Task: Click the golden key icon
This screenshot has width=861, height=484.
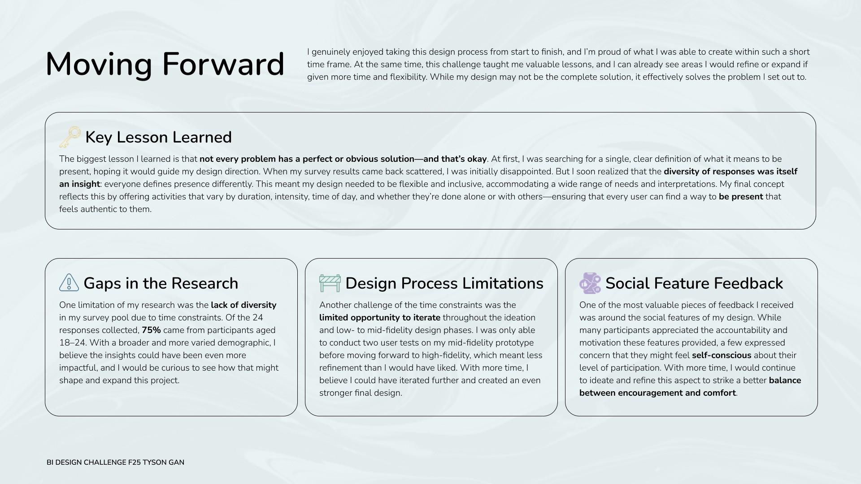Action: click(70, 137)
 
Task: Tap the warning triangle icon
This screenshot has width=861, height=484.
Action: click(69, 283)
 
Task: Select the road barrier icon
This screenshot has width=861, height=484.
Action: click(330, 283)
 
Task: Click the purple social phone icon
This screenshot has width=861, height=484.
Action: click(590, 283)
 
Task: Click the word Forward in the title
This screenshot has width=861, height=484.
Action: click(223, 64)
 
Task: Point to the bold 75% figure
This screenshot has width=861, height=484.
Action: click(151, 330)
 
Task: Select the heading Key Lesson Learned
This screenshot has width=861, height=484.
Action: click(158, 137)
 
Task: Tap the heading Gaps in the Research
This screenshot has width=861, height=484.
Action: click(161, 283)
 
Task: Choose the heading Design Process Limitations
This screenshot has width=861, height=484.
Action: click(444, 283)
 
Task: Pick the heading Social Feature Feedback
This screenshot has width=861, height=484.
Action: click(694, 283)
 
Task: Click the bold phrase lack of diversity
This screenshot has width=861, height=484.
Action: click(244, 305)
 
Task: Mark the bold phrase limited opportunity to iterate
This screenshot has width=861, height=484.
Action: click(380, 318)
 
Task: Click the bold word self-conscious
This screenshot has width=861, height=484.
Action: click(722, 355)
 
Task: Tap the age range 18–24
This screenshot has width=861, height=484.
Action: click(72, 343)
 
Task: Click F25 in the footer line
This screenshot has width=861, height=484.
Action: click(134, 462)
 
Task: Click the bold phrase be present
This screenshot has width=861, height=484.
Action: click(741, 197)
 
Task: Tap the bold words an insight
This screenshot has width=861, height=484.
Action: click(79, 184)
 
